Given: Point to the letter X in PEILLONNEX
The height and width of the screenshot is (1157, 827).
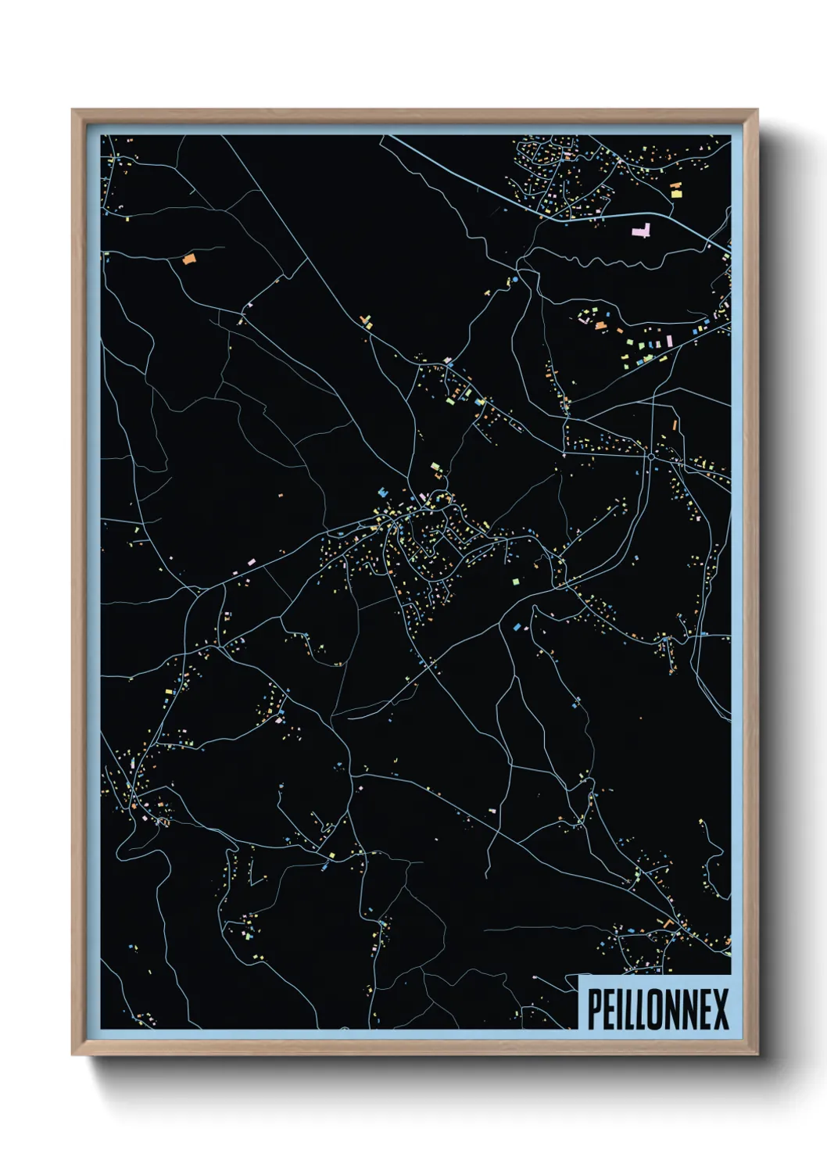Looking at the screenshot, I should click(x=719, y=1009).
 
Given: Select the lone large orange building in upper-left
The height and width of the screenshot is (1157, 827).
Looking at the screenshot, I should click(x=188, y=259).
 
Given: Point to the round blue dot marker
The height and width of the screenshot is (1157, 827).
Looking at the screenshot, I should click(x=514, y=278).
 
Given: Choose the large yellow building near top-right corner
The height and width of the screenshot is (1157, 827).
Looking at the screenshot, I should click(x=676, y=189).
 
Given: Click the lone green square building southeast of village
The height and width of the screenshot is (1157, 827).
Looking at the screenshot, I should click(x=515, y=581).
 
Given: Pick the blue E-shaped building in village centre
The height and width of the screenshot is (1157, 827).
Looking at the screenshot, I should click(x=382, y=493).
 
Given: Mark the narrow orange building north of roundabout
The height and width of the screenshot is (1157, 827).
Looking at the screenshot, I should click(x=672, y=426).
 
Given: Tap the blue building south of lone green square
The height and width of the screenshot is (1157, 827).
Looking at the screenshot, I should click(x=517, y=627).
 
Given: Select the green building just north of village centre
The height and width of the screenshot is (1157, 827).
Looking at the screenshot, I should click(x=435, y=468).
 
